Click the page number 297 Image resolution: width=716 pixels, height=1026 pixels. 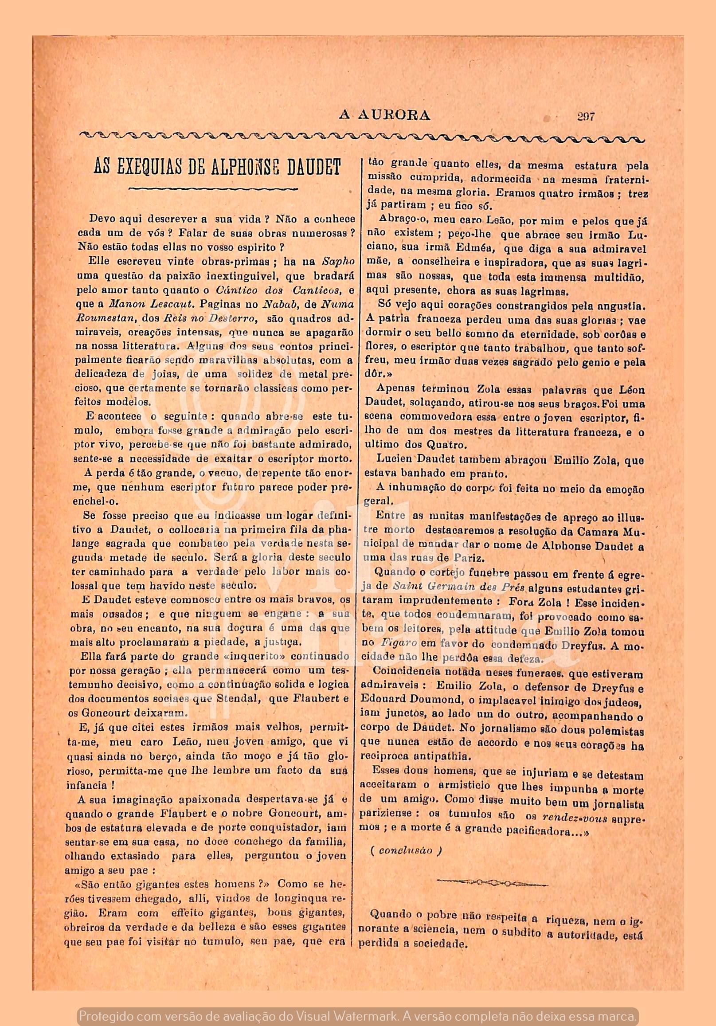click(586, 117)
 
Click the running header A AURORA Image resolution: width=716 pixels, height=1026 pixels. click(384, 116)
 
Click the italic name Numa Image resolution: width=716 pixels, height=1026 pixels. click(338, 304)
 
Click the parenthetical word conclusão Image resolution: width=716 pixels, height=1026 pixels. click(405, 851)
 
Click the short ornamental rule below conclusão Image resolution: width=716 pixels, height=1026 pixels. click(492, 883)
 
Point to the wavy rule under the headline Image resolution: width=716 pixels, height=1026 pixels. click(213, 189)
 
